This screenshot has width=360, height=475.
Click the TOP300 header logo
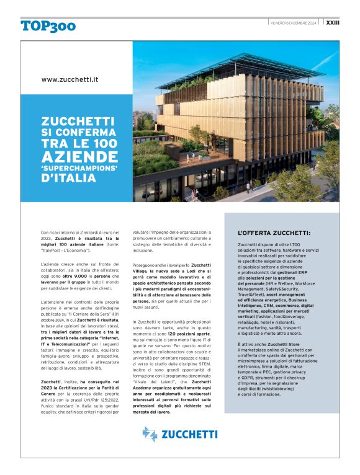(48, 25)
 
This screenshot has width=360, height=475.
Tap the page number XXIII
(333, 22)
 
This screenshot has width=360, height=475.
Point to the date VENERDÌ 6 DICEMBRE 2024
(294, 23)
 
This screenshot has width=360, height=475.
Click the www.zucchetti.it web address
(70, 80)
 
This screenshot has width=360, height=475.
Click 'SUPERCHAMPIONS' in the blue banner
(78, 167)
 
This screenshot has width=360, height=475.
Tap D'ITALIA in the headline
(68, 179)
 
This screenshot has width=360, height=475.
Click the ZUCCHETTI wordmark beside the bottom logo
(191, 434)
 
